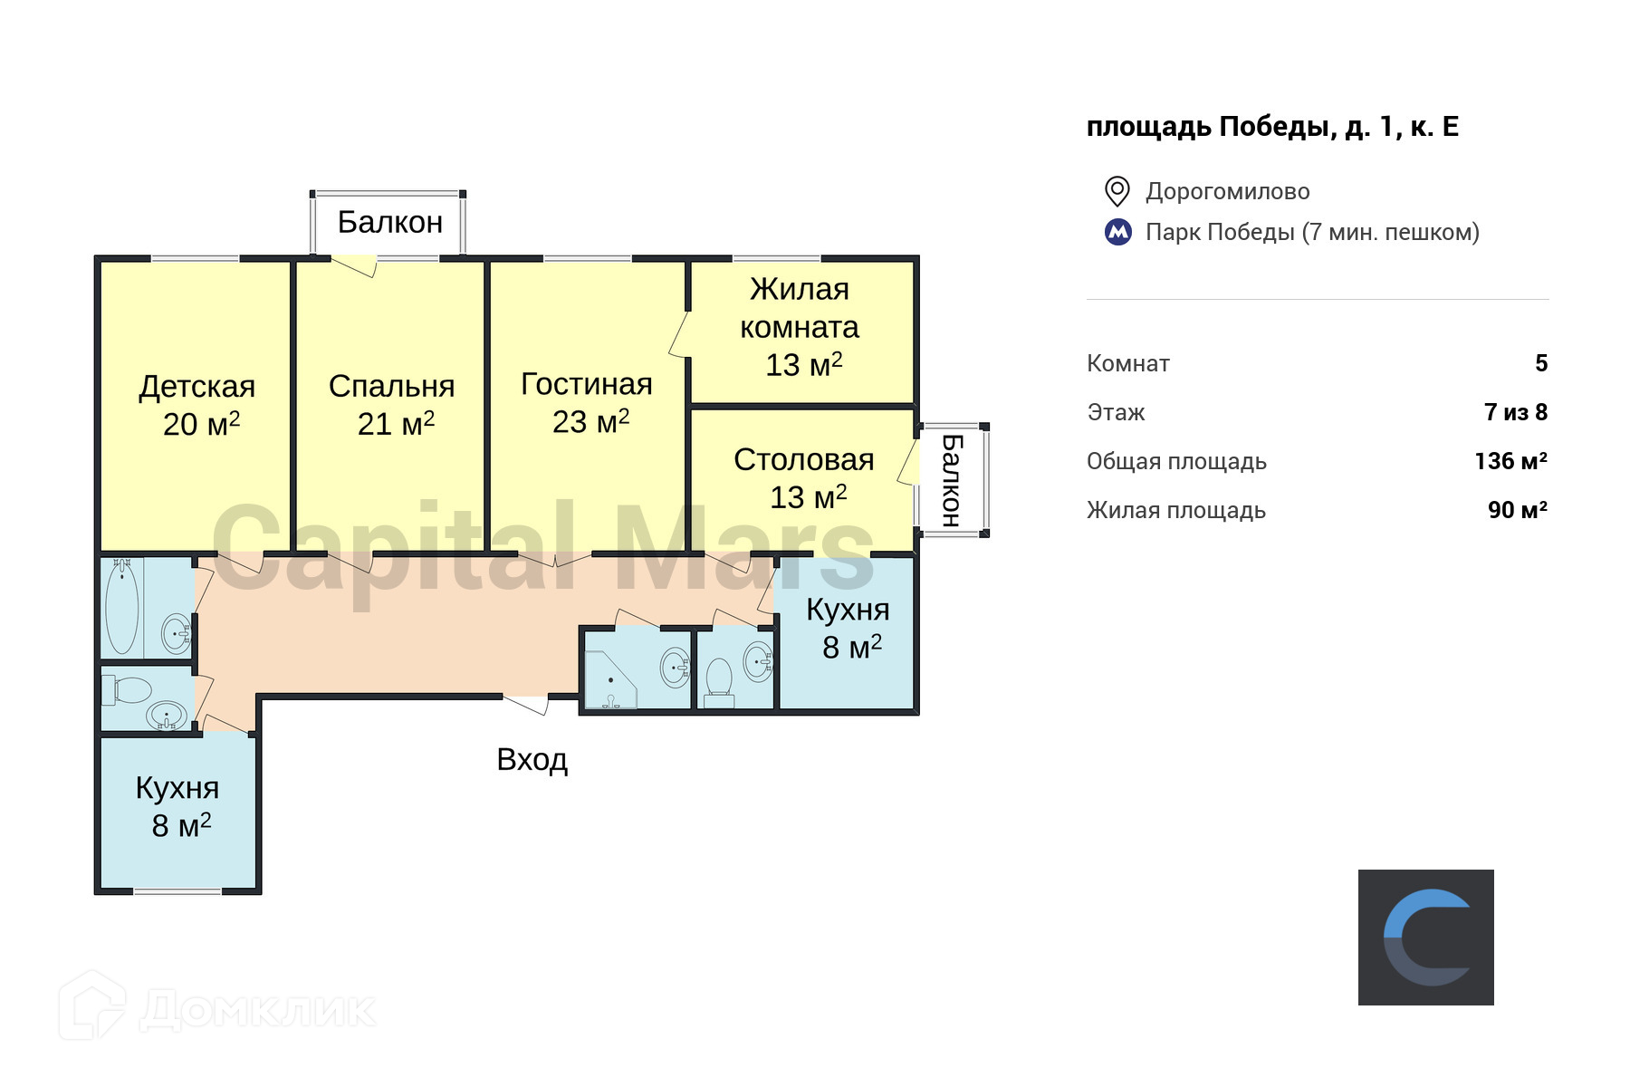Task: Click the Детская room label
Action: tap(197, 405)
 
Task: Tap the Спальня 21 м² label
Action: tap(392, 405)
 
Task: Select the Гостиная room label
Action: tap(588, 403)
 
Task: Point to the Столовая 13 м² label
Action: tap(804, 478)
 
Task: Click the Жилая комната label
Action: tap(800, 326)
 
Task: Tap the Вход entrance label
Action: tap(532, 759)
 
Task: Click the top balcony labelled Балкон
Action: tap(390, 222)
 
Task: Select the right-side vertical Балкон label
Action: tap(951, 480)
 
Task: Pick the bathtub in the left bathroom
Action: tap(121, 607)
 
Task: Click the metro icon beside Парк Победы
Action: tap(1118, 232)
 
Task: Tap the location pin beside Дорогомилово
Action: tap(1117, 191)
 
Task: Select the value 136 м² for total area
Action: tap(1510, 461)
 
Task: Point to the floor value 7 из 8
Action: tap(1516, 412)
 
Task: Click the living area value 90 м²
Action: tap(1517, 510)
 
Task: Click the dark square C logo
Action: tap(1425, 938)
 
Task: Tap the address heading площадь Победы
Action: tap(1272, 127)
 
